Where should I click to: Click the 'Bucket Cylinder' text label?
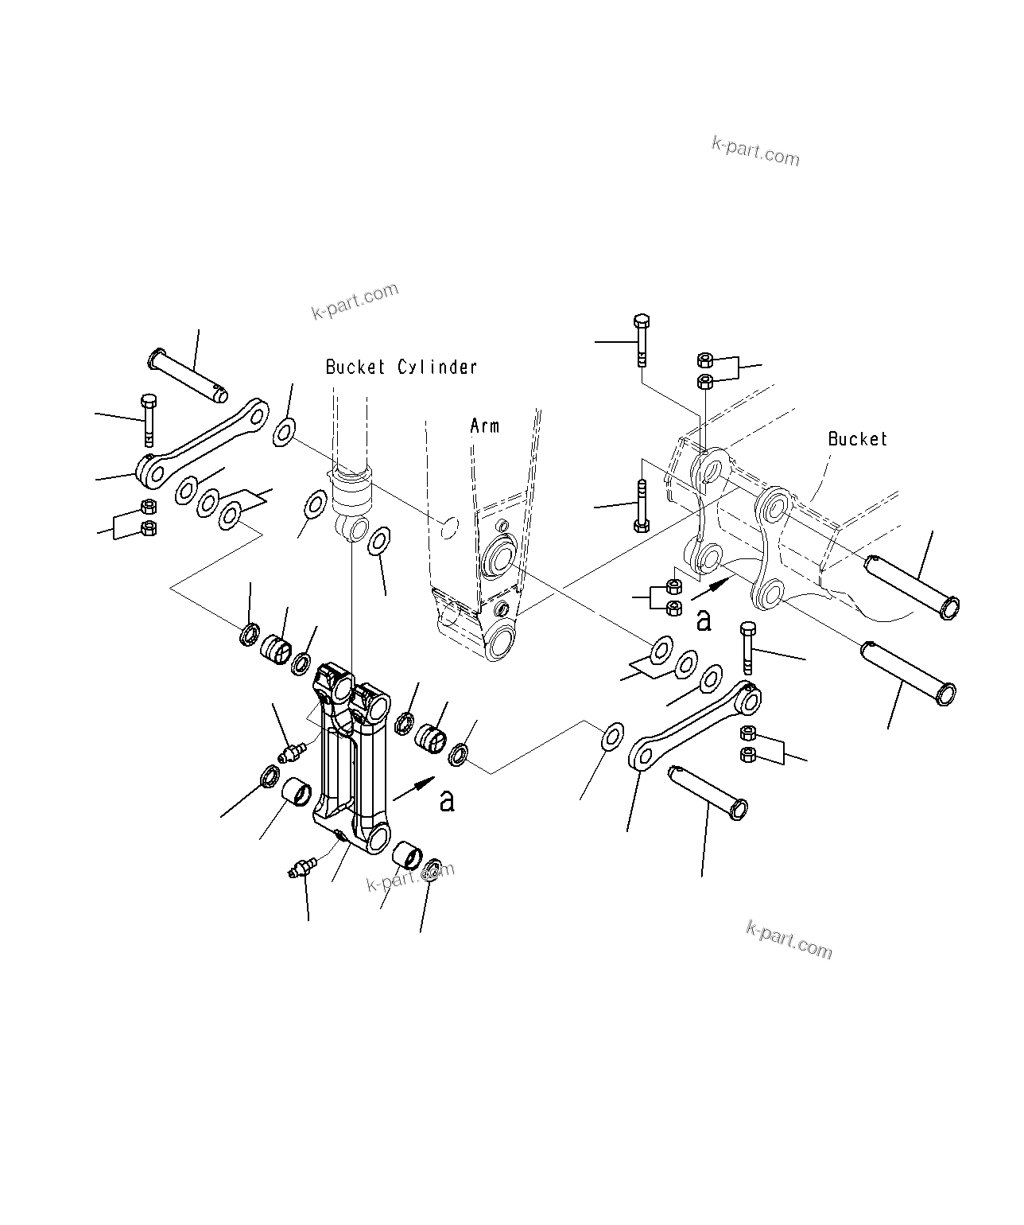click(401, 367)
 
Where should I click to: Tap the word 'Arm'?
click(485, 426)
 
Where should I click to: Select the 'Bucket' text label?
click(857, 439)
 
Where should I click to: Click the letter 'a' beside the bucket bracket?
click(704, 620)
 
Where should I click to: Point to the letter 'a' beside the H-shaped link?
click(448, 800)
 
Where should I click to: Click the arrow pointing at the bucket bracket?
click(711, 589)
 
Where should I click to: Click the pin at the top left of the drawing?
click(188, 375)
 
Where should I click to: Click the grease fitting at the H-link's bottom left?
click(301, 867)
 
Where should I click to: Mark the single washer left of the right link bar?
click(611, 736)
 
